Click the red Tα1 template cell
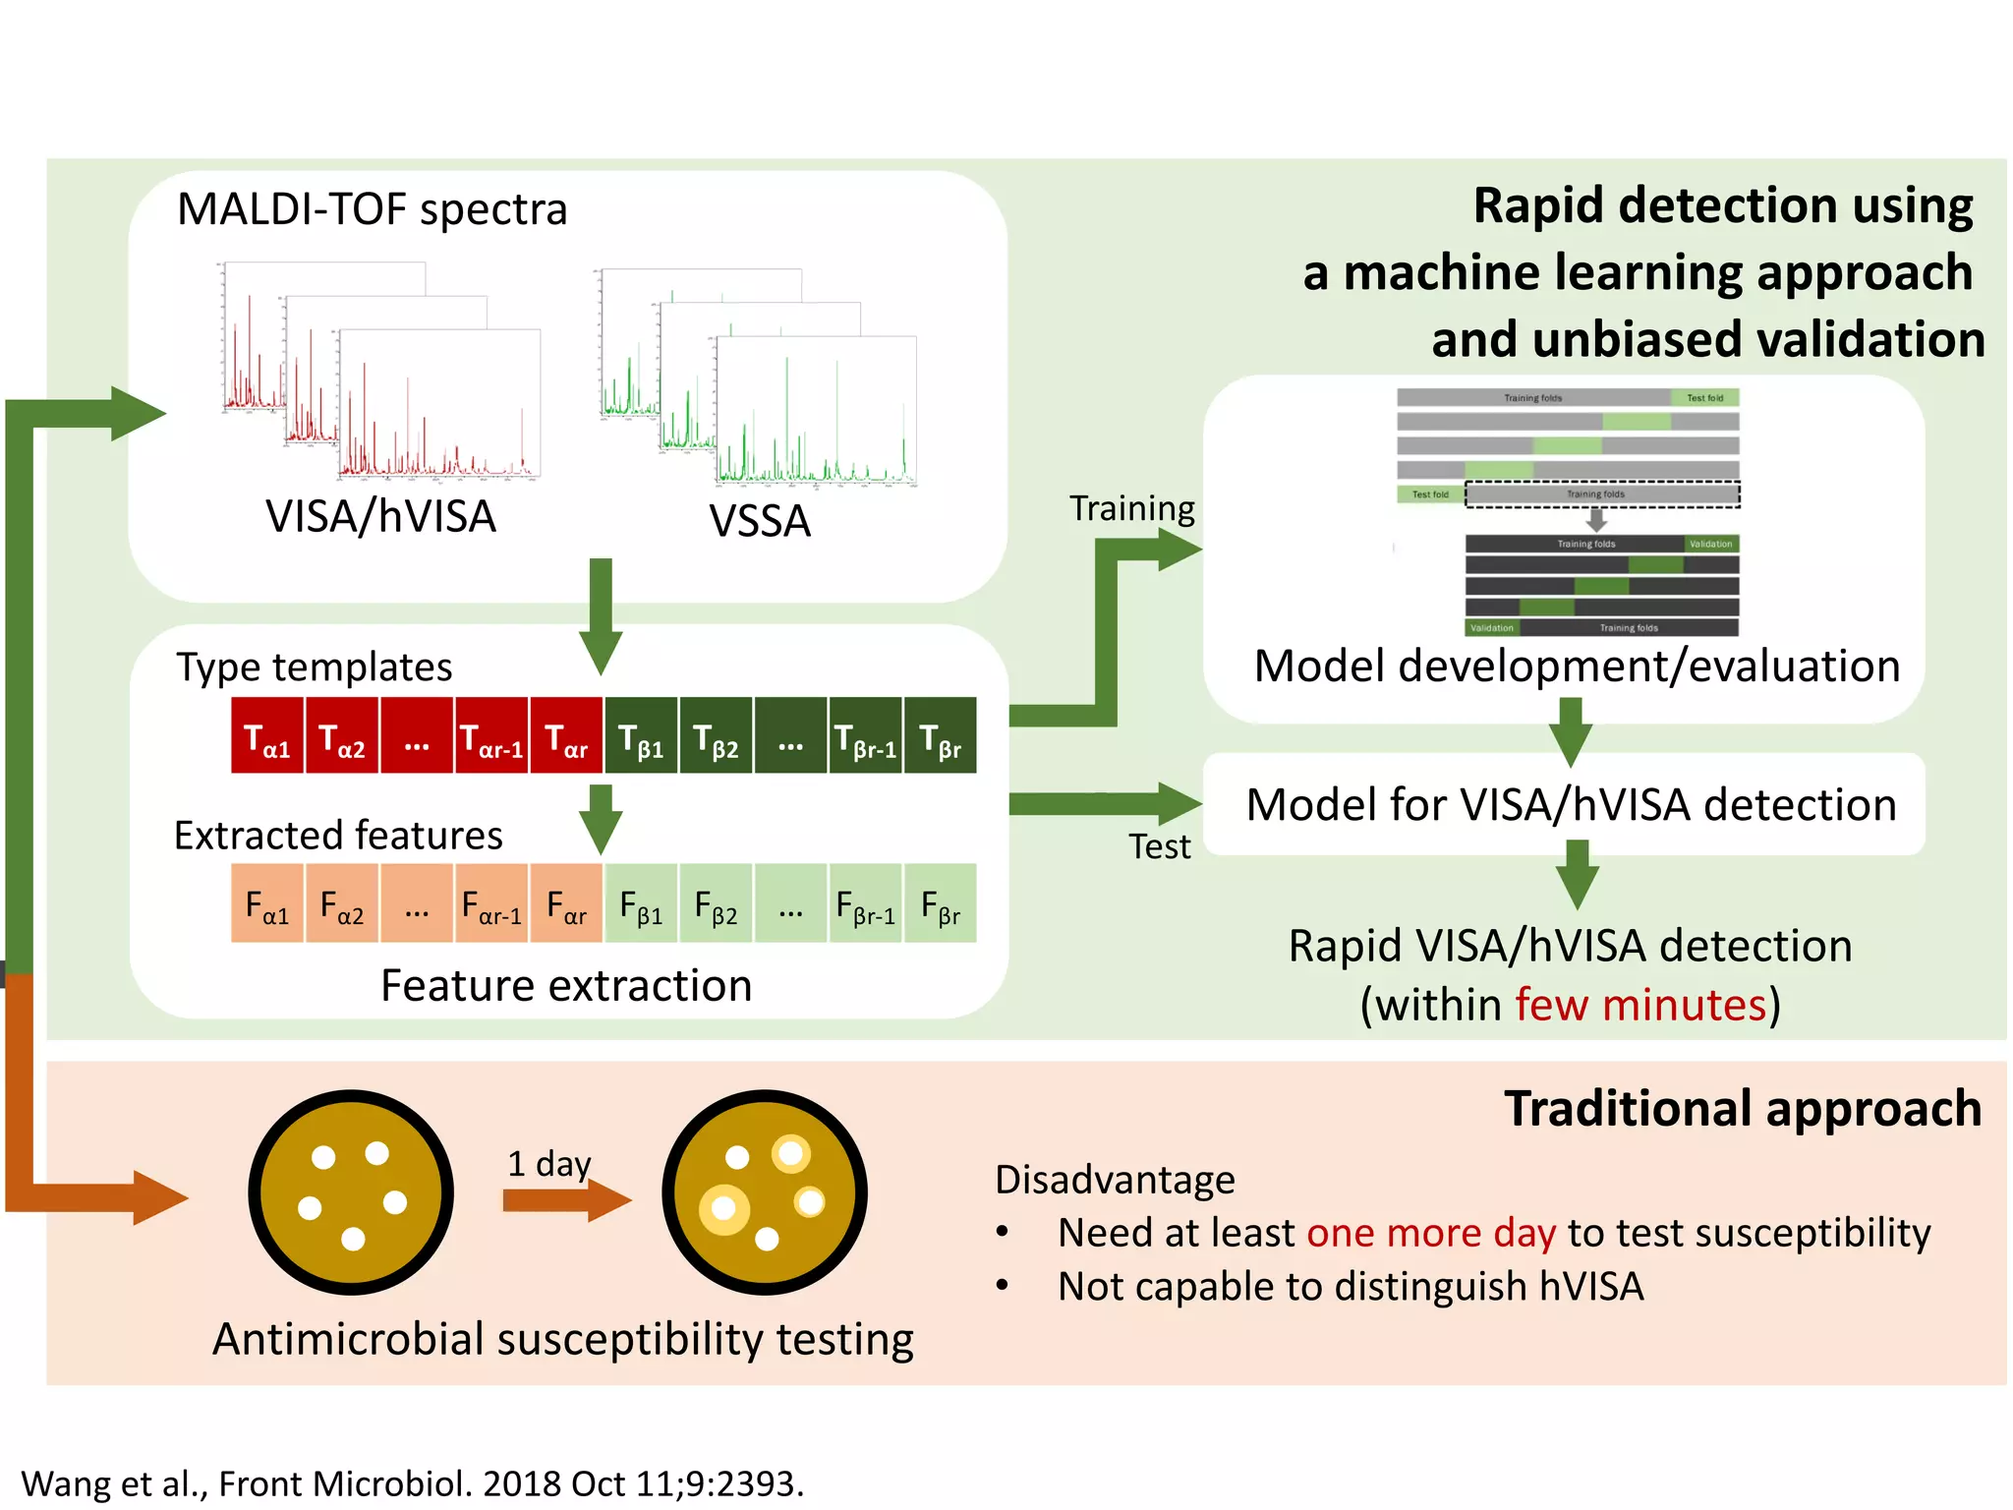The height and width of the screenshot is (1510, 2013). [x=267, y=736]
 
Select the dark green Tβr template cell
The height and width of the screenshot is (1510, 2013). [x=941, y=736]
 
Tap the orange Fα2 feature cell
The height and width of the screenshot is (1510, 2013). [x=342, y=903]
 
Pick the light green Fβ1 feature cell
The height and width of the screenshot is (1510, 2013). [x=641, y=903]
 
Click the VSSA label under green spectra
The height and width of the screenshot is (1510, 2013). [x=760, y=521]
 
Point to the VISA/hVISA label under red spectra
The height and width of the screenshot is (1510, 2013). [x=380, y=517]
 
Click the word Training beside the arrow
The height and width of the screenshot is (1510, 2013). [x=1131, y=508]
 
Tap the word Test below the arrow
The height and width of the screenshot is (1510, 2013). [x=1159, y=846]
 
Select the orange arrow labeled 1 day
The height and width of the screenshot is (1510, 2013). [x=565, y=1200]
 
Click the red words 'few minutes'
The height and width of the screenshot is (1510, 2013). [x=1640, y=1005]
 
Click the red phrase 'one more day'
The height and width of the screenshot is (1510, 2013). [x=1431, y=1233]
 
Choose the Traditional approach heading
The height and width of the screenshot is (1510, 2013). [x=1742, y=1109]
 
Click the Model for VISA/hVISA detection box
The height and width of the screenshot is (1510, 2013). [x=1570, y=805]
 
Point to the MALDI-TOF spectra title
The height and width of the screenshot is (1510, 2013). [x=373, y=209]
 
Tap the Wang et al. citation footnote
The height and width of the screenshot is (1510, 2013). [x=413, y=1482]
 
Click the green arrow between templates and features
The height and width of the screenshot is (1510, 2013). [x=601, y=818]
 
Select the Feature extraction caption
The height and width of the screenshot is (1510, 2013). [x=566, y=985]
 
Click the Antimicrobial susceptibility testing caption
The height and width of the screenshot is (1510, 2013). [x=563, y=1339]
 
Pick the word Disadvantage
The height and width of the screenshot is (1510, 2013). [x=1115, y=1180]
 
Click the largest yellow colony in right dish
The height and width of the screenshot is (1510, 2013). [x=724, y=1208]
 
